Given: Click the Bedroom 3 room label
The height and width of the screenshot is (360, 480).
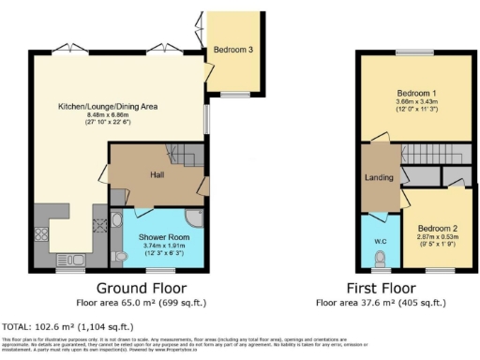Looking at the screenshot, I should pyautogui.click(x=232, y=50).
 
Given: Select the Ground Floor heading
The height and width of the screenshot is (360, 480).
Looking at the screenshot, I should pyautogui.click(x=141, y=288).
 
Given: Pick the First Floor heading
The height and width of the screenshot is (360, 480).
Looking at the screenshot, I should pyautogui.click(x=382, y=288).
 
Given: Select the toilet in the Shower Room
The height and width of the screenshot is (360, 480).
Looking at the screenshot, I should pyautogui.click(x=117, y=255).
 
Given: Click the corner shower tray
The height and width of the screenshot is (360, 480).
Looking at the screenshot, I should pyautogui.click(x=193, y=217).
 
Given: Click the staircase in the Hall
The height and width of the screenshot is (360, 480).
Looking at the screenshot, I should pyautogui.click(x=185, y=154).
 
